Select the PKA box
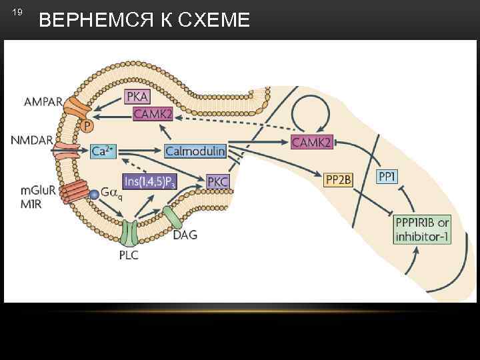tap(137, 98)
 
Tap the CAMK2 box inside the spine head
tap(153, 115)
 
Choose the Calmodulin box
tap(195, 151)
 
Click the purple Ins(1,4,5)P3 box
tap(149, 181)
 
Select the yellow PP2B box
tap(338, 179)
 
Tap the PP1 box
tap(387, 176)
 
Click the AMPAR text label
tap(43, 103)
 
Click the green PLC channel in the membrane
tap(129, 232)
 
